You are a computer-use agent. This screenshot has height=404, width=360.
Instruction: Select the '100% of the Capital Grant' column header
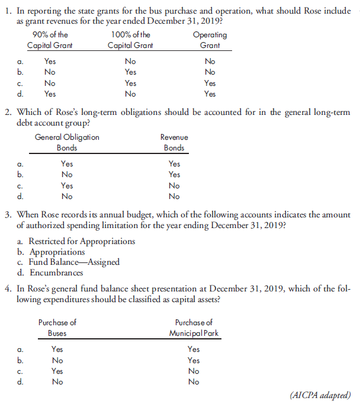point(130,40)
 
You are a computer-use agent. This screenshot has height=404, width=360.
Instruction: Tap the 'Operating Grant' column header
point(210,40)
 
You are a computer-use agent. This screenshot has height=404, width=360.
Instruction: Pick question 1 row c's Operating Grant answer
point(210,83)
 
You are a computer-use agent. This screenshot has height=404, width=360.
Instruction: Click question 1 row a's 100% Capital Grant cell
point(130,62)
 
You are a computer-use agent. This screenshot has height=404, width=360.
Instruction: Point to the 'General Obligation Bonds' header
point(67,143)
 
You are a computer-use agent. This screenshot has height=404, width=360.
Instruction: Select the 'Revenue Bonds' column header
point(174,143)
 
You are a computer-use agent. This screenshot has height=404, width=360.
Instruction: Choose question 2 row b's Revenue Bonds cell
point(174,175)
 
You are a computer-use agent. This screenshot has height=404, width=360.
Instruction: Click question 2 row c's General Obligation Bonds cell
point(67,185)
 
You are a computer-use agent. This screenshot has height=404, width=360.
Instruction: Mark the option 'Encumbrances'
point(58,272)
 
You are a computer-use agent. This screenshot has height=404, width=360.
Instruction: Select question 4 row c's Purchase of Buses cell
point(57,371)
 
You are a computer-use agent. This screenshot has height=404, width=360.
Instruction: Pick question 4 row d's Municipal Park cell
point(194,382)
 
